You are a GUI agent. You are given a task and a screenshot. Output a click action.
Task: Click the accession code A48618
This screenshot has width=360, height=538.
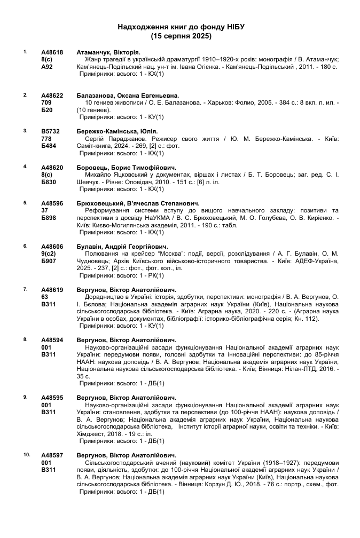52,52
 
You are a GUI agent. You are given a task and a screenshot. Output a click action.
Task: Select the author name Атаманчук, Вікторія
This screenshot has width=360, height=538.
108,52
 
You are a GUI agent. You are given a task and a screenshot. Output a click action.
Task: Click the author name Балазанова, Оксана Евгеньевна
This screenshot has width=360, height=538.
128,95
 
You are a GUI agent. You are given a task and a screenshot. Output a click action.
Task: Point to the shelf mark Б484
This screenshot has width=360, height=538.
49,145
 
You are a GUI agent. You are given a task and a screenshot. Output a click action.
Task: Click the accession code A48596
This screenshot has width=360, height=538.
52,203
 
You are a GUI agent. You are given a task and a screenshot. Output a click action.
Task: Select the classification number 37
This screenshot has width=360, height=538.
45,210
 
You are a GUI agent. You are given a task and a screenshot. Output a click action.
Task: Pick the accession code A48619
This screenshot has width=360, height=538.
52,290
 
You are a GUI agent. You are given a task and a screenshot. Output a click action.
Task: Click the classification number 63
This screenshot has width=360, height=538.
45,297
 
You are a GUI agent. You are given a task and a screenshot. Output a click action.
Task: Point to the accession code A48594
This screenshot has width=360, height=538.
52,340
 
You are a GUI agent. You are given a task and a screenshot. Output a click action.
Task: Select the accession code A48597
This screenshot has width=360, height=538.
52,455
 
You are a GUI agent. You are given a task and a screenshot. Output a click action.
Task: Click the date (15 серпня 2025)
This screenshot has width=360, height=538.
181,36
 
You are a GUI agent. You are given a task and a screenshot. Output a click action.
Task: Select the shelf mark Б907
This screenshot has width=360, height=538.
49,262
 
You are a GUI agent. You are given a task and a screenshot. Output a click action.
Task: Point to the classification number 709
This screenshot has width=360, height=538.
46,102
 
